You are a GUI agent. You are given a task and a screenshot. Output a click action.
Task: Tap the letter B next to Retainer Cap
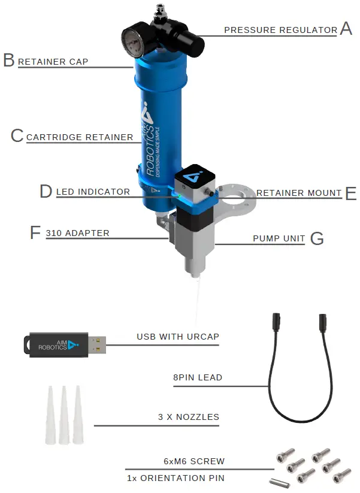tap(9, 61)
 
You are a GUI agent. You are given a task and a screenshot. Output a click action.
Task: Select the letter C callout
tap(17, 136)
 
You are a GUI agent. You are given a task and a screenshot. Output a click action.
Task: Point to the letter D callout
tap(46, 191)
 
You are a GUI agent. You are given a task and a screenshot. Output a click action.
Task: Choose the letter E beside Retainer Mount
tap(350, 193)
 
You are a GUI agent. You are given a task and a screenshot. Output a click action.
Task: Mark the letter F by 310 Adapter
tap(36, 232)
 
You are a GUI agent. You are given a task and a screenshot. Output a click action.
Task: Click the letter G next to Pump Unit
tap(317, 238)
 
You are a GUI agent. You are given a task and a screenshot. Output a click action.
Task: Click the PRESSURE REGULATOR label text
tap(280, 30)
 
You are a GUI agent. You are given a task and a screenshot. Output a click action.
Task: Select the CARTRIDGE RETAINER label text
tap(80, 137)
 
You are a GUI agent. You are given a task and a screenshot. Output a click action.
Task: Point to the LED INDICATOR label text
tap(93, 192)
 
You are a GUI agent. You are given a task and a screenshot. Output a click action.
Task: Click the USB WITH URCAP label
tap(177, 337)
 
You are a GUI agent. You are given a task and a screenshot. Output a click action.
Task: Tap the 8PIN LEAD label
tap(197, 377)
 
